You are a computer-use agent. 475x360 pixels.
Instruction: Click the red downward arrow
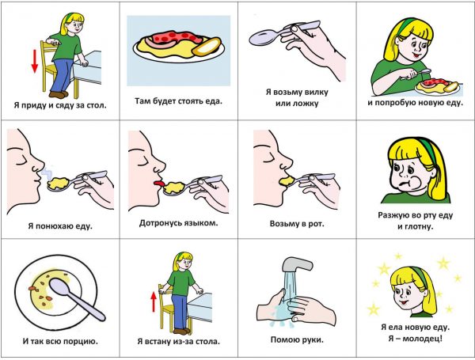35,62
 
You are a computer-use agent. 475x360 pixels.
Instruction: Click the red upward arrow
154,302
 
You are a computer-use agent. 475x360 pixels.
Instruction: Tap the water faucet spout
297,264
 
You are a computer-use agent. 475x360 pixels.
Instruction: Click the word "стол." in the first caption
97,106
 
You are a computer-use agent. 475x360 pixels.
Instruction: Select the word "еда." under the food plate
214,101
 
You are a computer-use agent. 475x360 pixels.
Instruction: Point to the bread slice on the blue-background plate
207,47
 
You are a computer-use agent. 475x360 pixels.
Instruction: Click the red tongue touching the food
159,184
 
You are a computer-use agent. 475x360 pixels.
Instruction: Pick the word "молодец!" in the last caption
424,339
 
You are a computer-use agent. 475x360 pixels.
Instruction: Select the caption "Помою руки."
297,340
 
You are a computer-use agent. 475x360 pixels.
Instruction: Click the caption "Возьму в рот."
297,225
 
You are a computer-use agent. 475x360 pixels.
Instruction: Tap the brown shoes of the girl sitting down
59,94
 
